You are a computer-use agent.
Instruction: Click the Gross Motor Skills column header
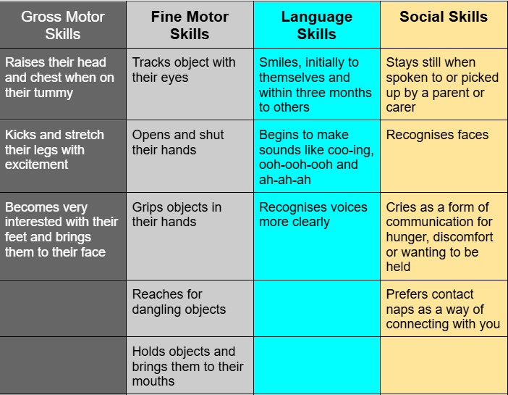(x=63, y=25)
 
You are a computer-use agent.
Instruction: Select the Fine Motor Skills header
(x=190, y=25)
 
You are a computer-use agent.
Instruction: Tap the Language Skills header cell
(x=317, y=25)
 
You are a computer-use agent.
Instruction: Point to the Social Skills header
(x=444, y=25)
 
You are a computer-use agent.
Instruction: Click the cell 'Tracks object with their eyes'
(x=190, y=84)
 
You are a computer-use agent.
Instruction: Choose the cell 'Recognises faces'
(x=444, y=157)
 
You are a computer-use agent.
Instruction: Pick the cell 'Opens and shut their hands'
(x=190, y=157)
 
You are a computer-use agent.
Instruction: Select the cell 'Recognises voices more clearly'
(x=317, y=236)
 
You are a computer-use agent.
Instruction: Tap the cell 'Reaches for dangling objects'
(x=190, y=308)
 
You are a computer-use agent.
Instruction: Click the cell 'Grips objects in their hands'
(x=190, y=236)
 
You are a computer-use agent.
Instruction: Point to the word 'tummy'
(x=56, y=93)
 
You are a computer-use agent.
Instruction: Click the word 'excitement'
(x=37, y=165)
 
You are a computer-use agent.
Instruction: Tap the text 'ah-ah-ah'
(x=285, y=180)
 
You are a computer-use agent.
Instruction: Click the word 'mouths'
(x=153, y=381)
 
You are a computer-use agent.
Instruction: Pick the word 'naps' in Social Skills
(x=399, y=309)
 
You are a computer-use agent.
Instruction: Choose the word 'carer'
(x=401, y=107)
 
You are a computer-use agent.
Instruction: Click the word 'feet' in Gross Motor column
(x=16, y=237)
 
